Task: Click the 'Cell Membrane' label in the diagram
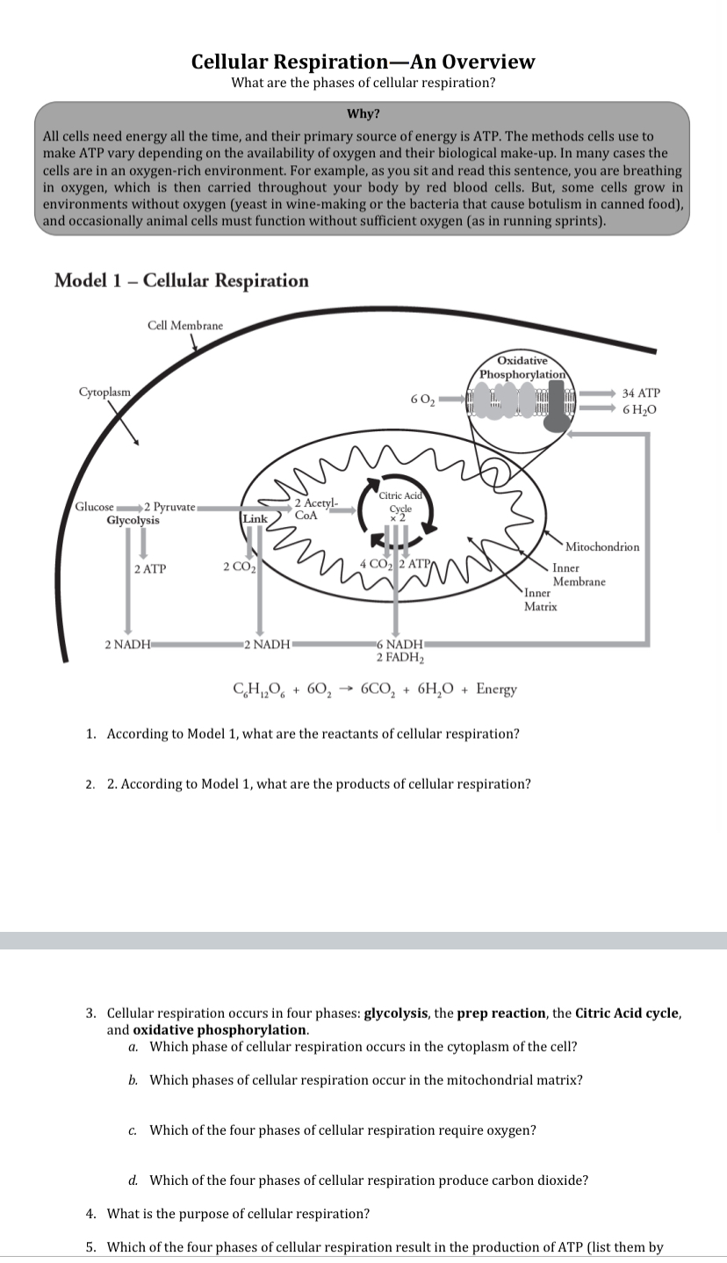(184, 325)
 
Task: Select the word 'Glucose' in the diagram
(94, 507)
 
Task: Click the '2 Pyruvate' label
(169, 507)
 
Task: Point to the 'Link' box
(255, 519)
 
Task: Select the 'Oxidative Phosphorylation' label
(522, 368)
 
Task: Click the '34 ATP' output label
(640, 393)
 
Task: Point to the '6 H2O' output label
(640, 410)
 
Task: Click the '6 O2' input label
(421, 401)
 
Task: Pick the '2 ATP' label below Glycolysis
(150, 569)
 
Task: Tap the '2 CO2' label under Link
(238, 566)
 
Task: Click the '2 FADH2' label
(399, 657)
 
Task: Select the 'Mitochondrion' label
(602, 546)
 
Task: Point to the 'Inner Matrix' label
(540, 600)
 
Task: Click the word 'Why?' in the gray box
(363, 113)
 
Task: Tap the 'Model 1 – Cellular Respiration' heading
(181, 280)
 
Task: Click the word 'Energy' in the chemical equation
(496, 689)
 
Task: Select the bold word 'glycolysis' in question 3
(395, 1013)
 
